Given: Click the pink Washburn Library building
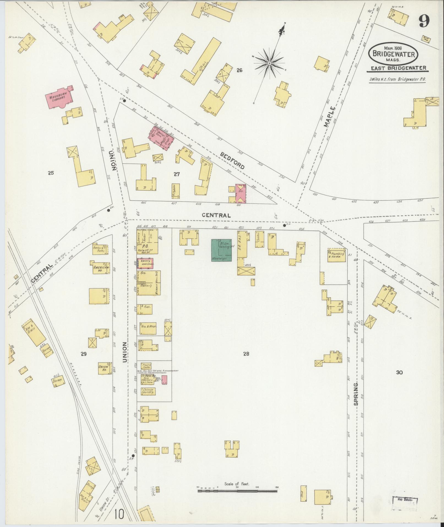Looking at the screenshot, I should point(59,98).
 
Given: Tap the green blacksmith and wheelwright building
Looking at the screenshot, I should point(221,250).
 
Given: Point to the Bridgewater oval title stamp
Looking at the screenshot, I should point(393,54).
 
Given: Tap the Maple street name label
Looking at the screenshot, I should point(330,117).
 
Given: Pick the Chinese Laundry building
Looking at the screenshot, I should point(148,391).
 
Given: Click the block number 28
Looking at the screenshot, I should point(246,354).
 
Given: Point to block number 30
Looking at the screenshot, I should point(399,372).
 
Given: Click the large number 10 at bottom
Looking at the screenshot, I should point(119,514).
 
